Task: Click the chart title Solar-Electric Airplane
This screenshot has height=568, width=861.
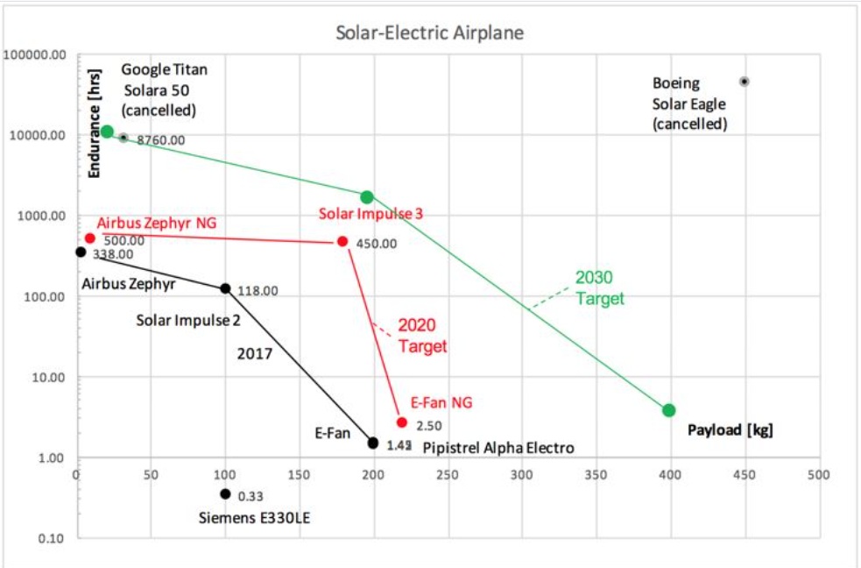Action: (x=429, y=33)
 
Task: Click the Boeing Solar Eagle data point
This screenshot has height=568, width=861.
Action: (x=745, y=82)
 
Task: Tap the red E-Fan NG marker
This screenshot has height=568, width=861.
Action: (x=402, y=422)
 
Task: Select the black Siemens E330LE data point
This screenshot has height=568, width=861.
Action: (x=225, y=493)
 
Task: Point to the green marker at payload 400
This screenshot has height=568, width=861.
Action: (x=669, y=410)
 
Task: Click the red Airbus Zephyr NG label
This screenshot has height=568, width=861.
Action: (x=157, y=223)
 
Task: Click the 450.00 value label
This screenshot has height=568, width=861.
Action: (x=377, y=244)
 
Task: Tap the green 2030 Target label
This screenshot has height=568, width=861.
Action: (x=600, y=288)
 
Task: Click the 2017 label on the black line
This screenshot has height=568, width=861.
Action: (x=255, y=354)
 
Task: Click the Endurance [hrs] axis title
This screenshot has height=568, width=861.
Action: (x=96, y=122)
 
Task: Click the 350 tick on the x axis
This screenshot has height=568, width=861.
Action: (x=596, y=475)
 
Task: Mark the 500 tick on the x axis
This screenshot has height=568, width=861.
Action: (x=818, y=475)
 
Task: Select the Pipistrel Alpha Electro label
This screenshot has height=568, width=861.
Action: (x=498, y=448)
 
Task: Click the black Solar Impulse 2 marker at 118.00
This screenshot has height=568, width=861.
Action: (x=225, y=288)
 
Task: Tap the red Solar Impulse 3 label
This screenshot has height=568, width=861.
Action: (x=378, y=214)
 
